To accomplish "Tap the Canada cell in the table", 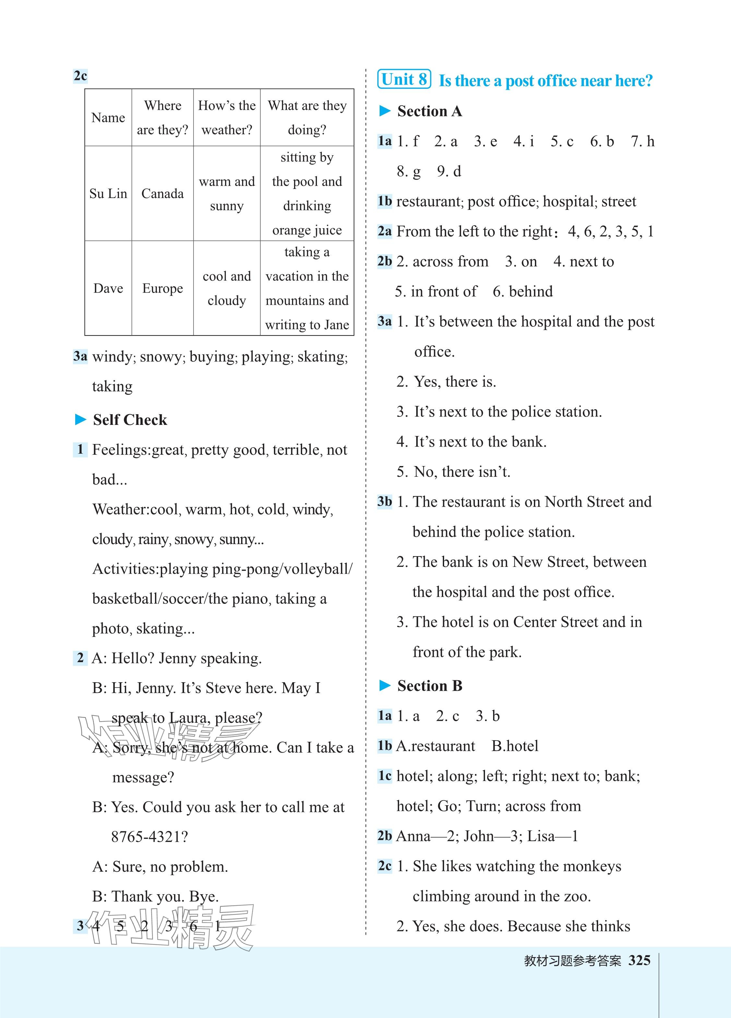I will (162, 193).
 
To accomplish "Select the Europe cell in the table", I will (162, 288).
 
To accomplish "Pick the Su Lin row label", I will (108, 193).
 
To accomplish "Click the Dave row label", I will (108, 288).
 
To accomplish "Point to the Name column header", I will (108, 118).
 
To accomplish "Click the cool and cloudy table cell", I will (227, 288).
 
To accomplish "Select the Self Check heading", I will (130, 420).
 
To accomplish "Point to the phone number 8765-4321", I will (149, 837).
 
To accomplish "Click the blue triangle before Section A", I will (385, 111).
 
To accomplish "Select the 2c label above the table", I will (80, 76).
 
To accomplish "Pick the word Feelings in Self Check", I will (121, 450).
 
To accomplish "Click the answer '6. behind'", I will (523, 291).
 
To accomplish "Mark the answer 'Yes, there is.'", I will (454, 381).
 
